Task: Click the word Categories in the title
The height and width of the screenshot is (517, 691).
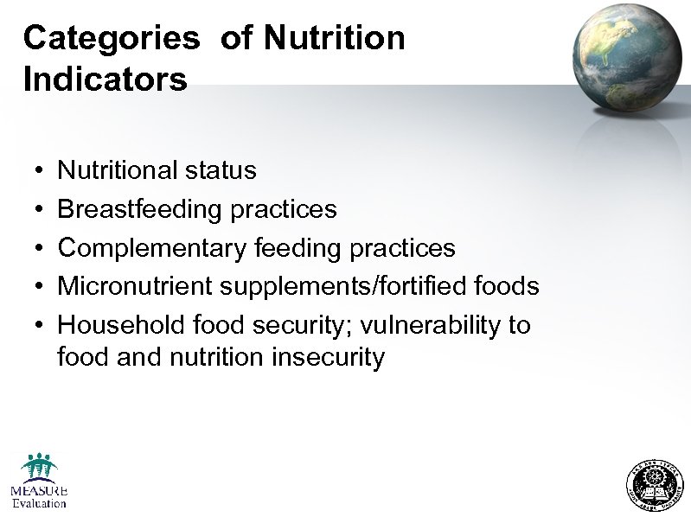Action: pyautogui.click(x=111, y=39)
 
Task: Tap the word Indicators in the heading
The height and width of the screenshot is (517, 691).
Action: pyautogui.click(x=105, y=80)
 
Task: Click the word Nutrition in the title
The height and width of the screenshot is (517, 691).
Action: pyautogui.click(x=334, y=39)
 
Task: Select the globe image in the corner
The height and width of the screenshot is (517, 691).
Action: pyautogui.click(x=629, y=57)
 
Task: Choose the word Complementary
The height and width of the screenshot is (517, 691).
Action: pyautogui.click(x=152, y=249)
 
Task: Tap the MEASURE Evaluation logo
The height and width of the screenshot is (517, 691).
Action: pyautogui.click(x=39, y=480)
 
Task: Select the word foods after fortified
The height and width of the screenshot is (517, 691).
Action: pyautogui.click(x=508, y=286)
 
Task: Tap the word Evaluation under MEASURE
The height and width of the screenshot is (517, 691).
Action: pyautogui.click(x=39, y=503)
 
